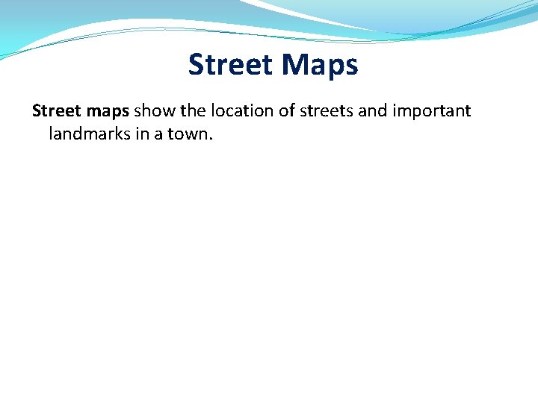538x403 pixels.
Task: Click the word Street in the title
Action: tap(230, 65)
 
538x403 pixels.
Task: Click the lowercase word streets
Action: tap(330, 111)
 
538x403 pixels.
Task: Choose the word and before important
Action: tap(377, 111)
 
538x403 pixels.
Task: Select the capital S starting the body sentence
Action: tap(37, 111)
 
